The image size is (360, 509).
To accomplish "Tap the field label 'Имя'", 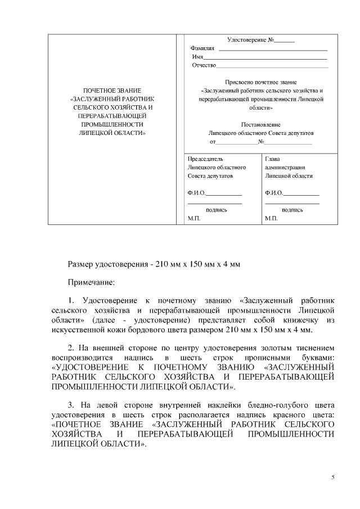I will point(197,57).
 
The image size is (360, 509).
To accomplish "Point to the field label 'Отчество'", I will point(204,66).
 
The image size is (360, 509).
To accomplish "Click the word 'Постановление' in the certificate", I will point(260,124).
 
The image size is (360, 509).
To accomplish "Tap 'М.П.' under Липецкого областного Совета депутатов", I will point(194,218).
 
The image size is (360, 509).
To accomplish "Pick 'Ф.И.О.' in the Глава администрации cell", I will point(274,193).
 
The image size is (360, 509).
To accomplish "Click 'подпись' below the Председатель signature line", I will point(216,209).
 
